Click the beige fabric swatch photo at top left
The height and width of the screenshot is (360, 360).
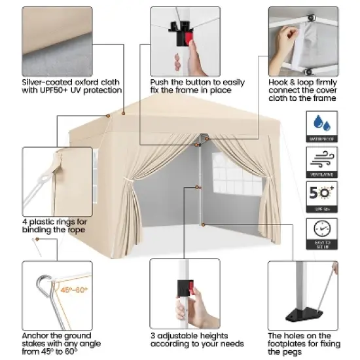coord(56,39)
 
